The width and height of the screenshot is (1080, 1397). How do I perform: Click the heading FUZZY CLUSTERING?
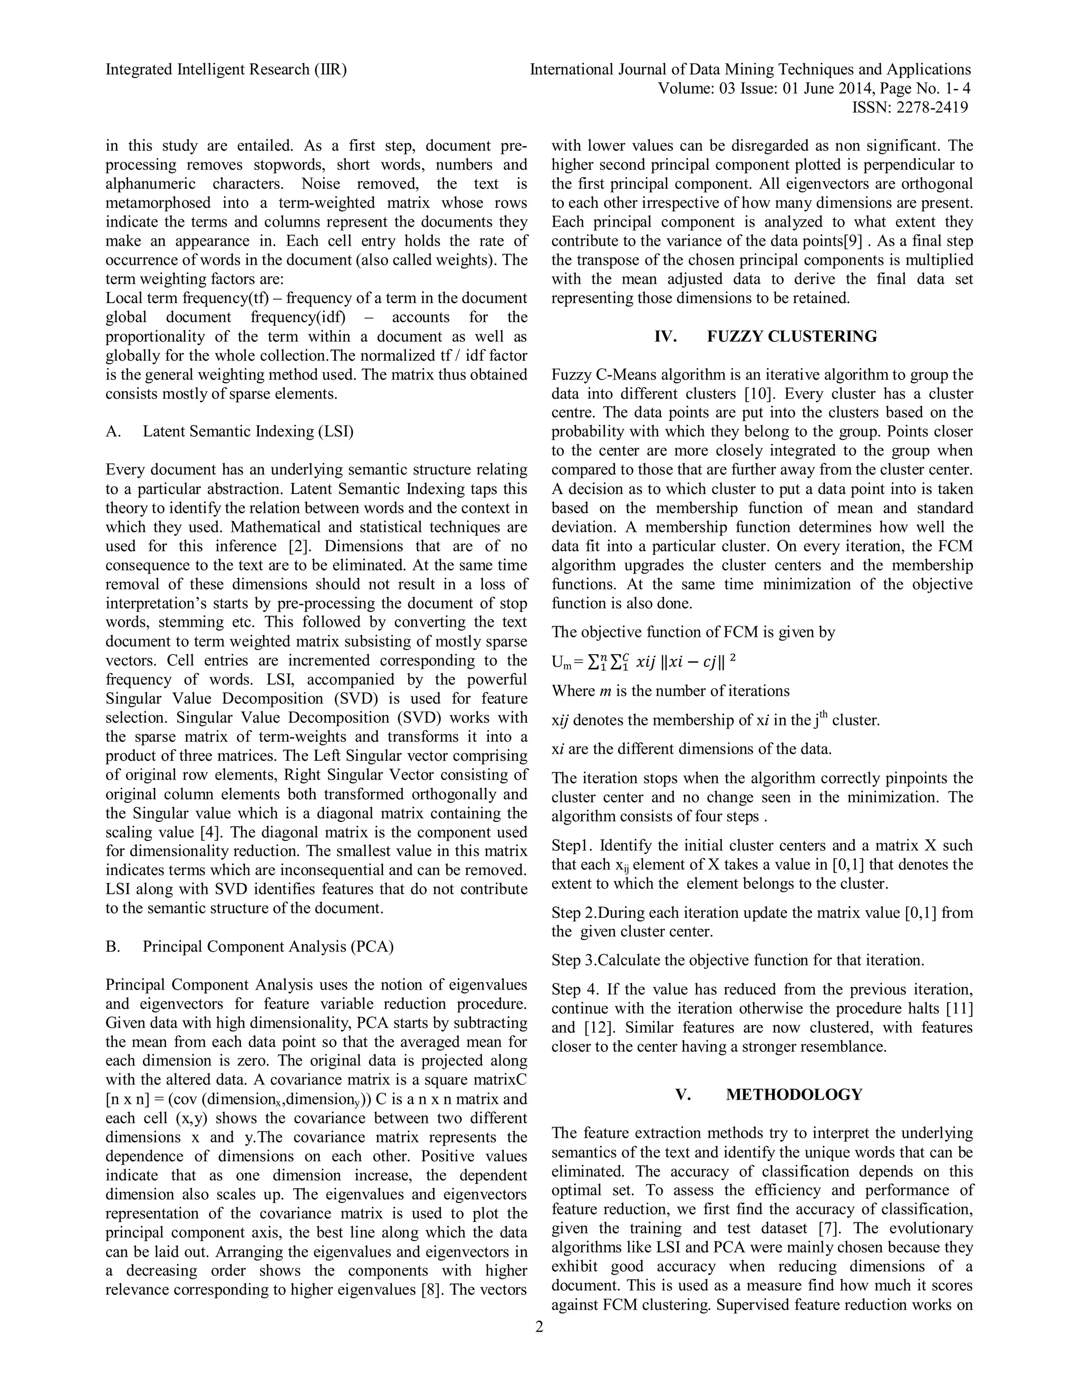792,336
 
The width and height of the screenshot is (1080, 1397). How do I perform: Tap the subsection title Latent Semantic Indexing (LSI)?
248,431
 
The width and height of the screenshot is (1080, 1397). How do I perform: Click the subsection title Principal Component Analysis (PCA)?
268,946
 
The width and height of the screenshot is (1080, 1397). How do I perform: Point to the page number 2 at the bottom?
539,1327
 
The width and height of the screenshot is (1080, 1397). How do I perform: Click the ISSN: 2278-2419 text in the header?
909,108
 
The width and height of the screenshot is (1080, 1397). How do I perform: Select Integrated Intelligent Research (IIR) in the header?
226,70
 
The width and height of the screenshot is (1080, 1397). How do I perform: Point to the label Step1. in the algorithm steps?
572,845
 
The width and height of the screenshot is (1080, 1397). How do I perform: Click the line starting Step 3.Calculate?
737,960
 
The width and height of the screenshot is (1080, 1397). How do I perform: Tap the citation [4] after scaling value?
210,832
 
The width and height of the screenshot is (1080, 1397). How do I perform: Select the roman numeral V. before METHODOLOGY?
683,1094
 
